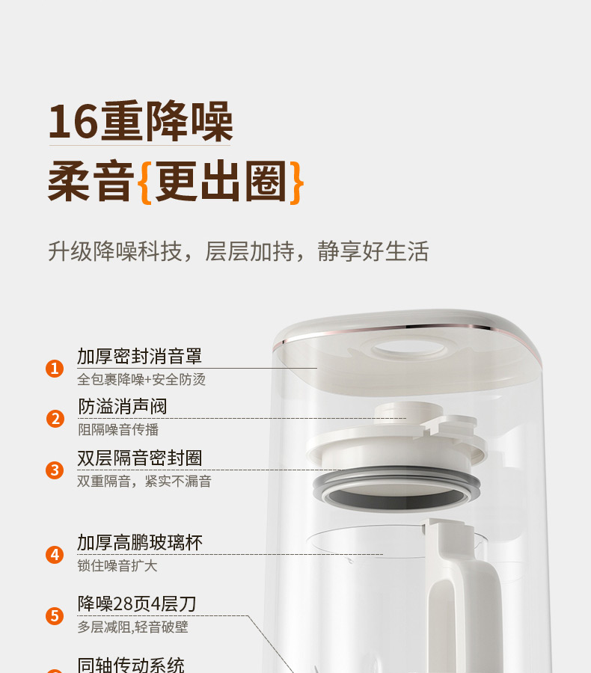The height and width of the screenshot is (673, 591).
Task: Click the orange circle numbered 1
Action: coord(55,368)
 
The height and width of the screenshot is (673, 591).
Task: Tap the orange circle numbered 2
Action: coord(55,419)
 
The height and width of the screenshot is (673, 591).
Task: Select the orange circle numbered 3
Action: coord(55,470)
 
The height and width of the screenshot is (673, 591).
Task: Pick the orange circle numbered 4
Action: coord(55,555)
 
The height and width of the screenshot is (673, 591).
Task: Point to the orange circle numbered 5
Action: coord(55,616)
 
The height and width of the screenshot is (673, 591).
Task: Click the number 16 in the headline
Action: coord(73,122)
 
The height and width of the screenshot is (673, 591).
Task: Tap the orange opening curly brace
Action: coord(145,182)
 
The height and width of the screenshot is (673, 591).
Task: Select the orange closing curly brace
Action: coord(297,182)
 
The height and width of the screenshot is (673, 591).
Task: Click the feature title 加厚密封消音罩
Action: coord(140,356)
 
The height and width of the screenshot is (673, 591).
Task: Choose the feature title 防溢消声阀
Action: coord(123,406)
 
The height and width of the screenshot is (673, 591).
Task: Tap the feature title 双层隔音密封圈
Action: coord(140,458)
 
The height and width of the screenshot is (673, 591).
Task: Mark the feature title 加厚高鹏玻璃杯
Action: coord(140,543)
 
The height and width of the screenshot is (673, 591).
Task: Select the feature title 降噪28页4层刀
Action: coord(137,604)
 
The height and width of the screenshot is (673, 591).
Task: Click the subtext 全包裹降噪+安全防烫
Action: coord(141,379)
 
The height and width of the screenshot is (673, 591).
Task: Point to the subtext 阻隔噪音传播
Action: coord(118,430)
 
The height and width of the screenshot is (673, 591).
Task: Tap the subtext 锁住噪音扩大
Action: coord(117,566)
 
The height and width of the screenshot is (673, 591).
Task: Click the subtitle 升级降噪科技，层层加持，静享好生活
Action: coord(239,251)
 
